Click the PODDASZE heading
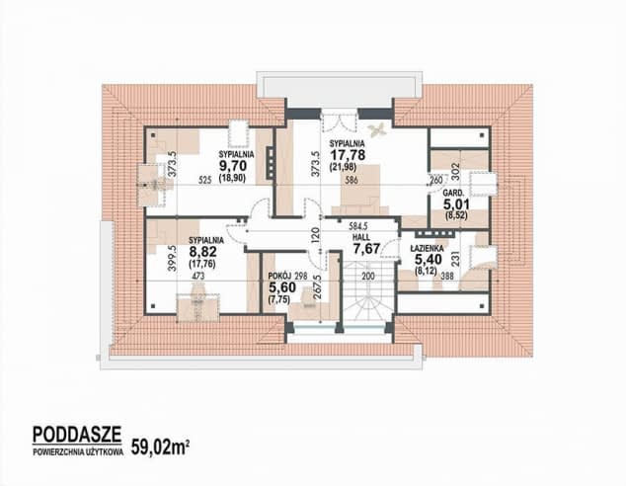77,435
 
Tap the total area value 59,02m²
160,447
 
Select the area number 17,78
347,154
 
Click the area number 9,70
233,166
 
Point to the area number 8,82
202,252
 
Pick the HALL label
361,237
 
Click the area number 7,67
366,248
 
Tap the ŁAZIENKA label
427,248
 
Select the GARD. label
453,194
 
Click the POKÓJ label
280,276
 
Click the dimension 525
204,181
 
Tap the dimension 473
198,276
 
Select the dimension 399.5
172,259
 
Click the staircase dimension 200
368,276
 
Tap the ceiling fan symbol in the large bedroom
376,129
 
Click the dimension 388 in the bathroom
449,276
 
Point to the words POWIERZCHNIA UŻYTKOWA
78,452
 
